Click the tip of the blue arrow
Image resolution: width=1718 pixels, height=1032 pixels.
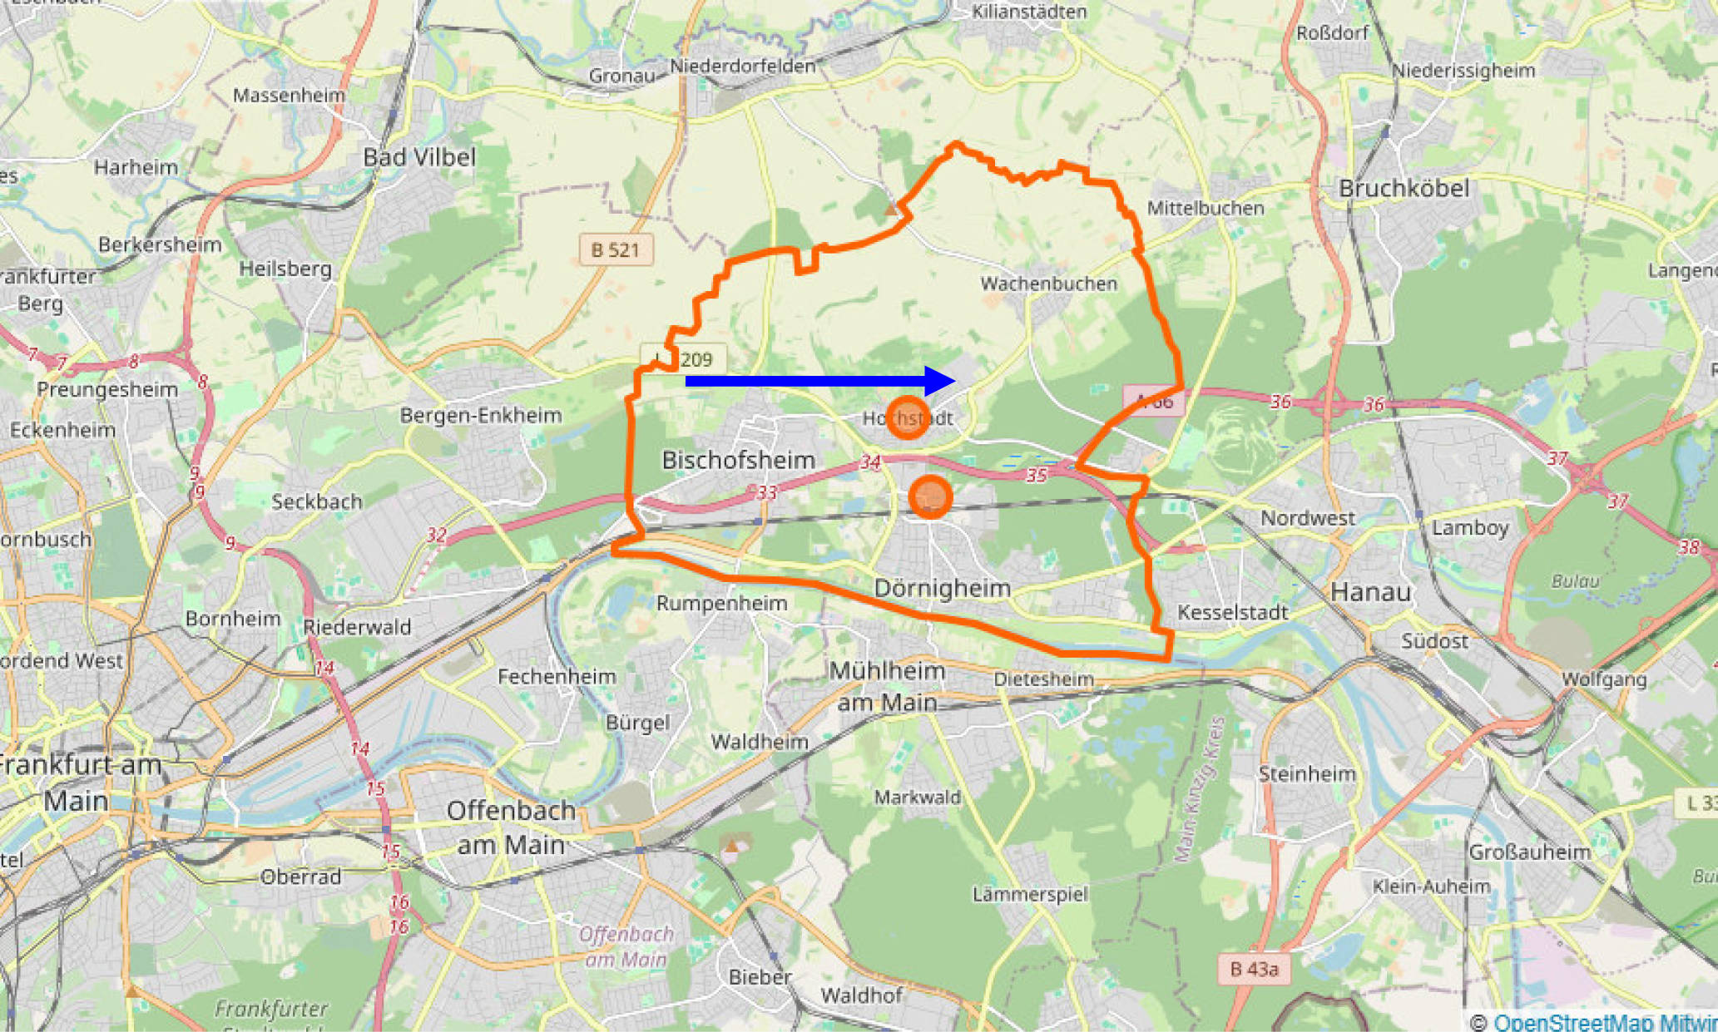[954, 381]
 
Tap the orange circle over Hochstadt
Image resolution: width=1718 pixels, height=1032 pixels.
[907, 417]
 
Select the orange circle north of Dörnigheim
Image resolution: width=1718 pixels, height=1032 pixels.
[930, 497]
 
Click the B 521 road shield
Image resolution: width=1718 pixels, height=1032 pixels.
[616, 249]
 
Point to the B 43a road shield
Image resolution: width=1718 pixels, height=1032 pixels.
[1254, 969]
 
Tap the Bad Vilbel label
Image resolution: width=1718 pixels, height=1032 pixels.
[419, 157]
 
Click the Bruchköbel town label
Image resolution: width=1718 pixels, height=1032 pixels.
[1404, 189]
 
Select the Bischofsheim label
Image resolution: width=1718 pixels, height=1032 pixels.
[738, 460]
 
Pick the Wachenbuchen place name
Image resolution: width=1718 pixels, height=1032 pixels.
[1048, 284]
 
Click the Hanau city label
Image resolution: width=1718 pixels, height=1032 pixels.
[1370, 592]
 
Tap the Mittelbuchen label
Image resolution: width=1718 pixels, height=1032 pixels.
[1206, 208]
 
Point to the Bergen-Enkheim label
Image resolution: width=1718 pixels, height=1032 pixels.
[481, 415]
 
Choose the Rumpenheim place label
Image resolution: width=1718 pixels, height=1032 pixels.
[721, 603]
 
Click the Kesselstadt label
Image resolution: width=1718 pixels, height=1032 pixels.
[1232, 613]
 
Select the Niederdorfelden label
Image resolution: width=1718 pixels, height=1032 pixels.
[742, 66]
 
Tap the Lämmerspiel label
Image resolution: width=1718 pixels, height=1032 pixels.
[1030, 894]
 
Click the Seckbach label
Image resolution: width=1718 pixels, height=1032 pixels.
[317, 501]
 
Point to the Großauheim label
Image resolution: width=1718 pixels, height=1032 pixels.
[1529, 852]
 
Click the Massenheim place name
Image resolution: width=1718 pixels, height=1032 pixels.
[289, 95]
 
